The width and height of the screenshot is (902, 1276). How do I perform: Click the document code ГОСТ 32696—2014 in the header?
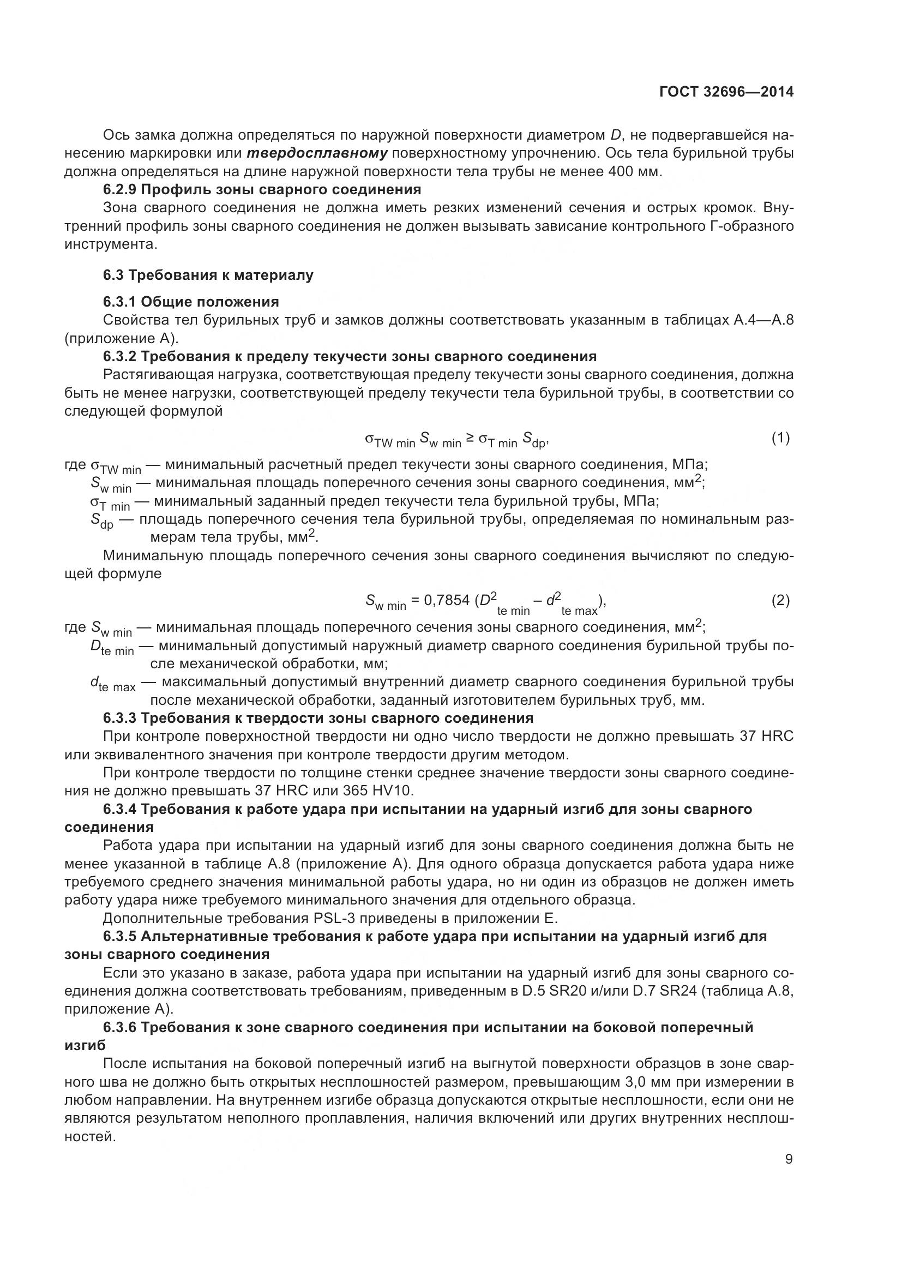(x=726, y=92)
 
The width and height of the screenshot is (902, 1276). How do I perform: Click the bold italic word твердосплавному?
(x=317, y=153)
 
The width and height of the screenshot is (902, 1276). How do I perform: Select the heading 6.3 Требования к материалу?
(x=208, y=275)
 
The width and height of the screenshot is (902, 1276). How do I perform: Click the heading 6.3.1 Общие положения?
(x=190, y=302)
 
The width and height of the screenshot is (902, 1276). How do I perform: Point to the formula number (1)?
(x=780, y=438)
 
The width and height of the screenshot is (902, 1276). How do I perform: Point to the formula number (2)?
(x=780, y=600)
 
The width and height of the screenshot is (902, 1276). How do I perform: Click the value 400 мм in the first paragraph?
(x=634, y=172)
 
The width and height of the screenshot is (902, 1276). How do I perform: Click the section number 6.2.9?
(x=119, y=189)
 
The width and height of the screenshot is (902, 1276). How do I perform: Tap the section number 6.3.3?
(x=119, y=718)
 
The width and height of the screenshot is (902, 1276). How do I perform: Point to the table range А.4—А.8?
(x=760, y=320)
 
